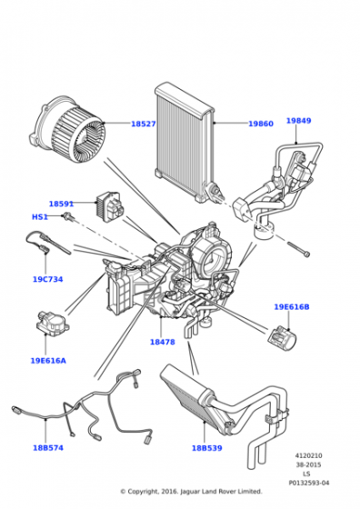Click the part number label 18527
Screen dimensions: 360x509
[143, 124]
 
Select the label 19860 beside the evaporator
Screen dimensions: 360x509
[261, 124]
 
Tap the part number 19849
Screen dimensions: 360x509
[298, 120]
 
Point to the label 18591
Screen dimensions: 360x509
[61, 204]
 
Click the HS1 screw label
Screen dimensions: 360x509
[40, 217]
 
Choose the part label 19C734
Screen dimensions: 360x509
[47, 279]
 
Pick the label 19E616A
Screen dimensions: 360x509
[48, 361]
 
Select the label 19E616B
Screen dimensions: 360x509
[292, 307]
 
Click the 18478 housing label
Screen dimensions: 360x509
[163, 342]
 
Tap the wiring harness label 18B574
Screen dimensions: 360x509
[48, 448]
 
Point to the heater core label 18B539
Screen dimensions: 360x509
[206, 448]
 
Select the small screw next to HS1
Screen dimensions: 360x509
[69, 216]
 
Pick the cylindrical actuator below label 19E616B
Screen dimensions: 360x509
[282, 339]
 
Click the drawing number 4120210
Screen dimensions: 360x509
[308, 455]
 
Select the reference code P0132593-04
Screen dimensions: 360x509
[309, 483]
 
